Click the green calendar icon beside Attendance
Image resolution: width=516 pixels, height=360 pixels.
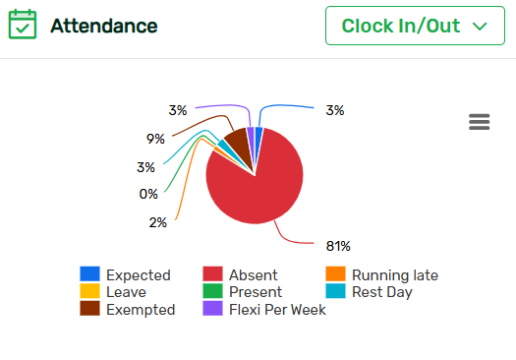[23, 25]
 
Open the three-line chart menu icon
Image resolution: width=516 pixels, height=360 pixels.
[480, 122]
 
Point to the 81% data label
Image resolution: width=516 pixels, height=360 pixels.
[338, 245]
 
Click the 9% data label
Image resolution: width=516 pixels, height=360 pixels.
[155, 139]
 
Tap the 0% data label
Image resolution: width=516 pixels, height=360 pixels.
[148, 194]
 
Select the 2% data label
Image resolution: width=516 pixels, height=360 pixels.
[157, 222]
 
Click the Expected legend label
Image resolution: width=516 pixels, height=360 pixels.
[138, 275]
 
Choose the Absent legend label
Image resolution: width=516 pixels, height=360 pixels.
[254, 275]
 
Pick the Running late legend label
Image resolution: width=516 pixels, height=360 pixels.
[395, 275]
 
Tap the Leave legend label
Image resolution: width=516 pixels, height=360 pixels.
[126, 292]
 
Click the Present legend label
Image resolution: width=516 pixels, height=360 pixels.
[256, 292]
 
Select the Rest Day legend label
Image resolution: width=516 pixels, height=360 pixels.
[382, 292]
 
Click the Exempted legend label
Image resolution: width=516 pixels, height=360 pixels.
[141, 310]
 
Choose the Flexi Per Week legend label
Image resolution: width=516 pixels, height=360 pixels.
[277, 310]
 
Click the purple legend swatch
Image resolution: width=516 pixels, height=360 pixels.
[212, 309]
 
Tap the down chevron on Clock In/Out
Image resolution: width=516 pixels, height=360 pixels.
[481, 26]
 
